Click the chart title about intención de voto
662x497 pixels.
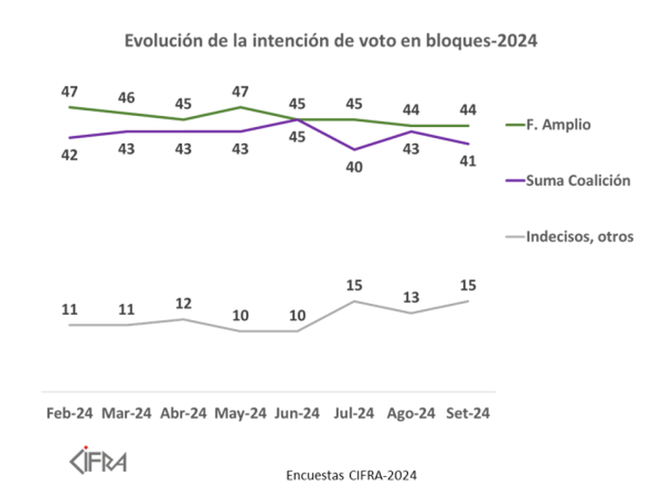point(331,41)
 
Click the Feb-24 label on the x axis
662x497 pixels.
point(70,414)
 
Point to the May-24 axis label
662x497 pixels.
point(240,414)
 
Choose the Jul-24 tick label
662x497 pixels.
point(354,414)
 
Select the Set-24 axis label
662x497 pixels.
point(468,414)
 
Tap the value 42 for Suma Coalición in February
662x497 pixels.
point(70,155)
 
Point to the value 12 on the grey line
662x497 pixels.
point(184,302)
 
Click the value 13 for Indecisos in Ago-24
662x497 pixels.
point(411,297)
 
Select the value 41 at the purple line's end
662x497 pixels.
point(468,161)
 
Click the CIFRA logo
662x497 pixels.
point(99,459)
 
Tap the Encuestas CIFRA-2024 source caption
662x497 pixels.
point(352,474)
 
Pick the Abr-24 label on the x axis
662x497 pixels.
point(184,414)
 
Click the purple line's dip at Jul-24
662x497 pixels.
point(355,150)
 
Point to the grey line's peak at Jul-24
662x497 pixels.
point(355,301)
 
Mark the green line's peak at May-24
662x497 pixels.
point(240,107)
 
